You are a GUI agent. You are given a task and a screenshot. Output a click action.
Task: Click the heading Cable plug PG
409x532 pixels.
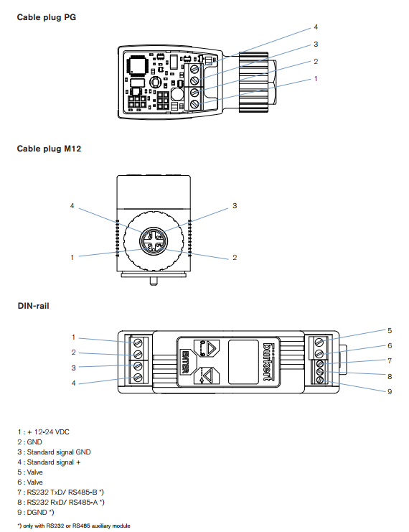(x=47, y=17)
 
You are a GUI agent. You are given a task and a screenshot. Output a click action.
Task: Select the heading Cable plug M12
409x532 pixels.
(x=50, y=149)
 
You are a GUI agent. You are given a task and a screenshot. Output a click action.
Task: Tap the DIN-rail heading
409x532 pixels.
(x=33, y=306)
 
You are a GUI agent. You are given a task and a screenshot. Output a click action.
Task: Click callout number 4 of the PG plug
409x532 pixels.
(x=316, y=27)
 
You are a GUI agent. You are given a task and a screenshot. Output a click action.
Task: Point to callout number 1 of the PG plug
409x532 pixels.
(x=316, y=79)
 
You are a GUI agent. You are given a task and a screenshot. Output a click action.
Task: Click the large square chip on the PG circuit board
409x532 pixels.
(x=138, y=65)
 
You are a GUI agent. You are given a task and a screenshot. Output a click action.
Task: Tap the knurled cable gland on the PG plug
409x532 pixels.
(x=254, y=82)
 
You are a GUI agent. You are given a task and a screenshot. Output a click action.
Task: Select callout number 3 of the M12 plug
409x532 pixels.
(x=235, y=206)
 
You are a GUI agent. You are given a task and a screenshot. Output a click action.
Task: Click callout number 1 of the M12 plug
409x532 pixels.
(x=72, y=258)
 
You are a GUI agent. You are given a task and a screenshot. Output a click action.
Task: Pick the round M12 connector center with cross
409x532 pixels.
(x=154, y=241)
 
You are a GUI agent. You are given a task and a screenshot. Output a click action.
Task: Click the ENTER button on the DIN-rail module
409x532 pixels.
(x=185, y=362)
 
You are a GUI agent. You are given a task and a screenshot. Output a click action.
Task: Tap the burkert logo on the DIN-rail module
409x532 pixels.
(x=269, y=361)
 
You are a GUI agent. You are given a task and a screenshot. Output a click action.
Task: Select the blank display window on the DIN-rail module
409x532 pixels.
(x=243, y=362)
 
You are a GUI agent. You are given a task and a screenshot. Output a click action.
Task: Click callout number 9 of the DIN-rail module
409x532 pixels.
(x=390, y=392)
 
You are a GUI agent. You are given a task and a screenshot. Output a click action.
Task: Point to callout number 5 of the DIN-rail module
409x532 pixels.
(x=390, y=331)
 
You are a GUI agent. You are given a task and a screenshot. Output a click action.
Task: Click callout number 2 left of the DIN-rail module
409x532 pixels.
(x=74, y=353)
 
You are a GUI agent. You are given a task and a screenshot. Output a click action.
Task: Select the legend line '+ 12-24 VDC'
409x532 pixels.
(x=43, y=432)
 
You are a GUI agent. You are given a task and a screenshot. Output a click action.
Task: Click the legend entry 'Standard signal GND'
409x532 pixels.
(x=55, y=452)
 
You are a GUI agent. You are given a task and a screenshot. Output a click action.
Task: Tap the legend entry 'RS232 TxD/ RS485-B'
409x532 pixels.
(x=61, y=493)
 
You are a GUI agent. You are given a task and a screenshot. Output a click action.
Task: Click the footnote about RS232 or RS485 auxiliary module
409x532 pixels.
(x=74, y=526)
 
